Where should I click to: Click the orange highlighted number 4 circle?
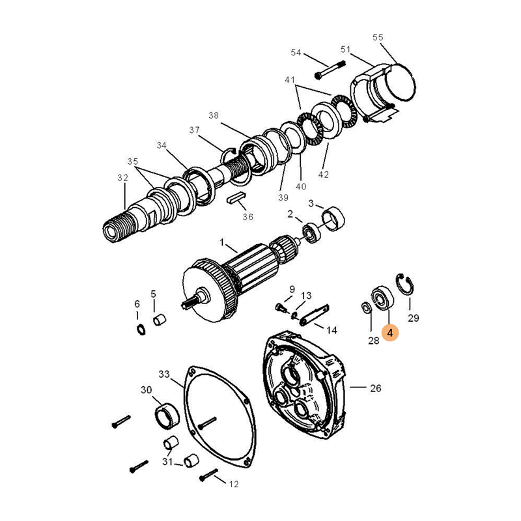(390, 333)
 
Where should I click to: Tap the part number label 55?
(378, 37)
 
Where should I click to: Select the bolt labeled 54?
(330, 70)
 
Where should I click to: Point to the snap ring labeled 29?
(404, 284)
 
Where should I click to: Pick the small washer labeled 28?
(365, 307)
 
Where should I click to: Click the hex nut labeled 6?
(141, 330)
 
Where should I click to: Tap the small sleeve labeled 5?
(160, 320)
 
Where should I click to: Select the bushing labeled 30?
(167, 416)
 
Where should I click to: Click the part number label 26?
(376, 388)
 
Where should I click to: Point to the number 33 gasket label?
(164, 374)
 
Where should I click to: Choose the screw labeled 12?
(209, 475)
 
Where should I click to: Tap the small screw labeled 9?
(281, 307)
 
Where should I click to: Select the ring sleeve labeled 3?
(333, 219)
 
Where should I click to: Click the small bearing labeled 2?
(312, 234)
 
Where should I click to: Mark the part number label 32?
(122, 178)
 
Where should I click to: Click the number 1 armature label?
(222, 242)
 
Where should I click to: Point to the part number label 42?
(323, 175)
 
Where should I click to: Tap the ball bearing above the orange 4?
(382, 298)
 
